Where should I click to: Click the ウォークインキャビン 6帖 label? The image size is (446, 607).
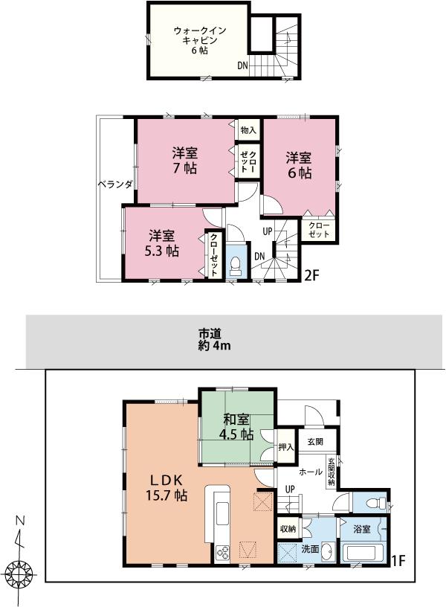coord(195,40)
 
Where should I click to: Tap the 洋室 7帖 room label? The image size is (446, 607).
coord(184,161)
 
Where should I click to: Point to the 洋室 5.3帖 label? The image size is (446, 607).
coord(161,243)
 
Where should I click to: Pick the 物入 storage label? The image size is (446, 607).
coord(248,130)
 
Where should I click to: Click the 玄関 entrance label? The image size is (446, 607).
coord(314,441)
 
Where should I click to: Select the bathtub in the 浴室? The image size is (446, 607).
coord(361,556)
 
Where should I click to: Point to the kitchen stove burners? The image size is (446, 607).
coord(222,552)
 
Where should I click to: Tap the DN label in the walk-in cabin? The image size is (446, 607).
coord(242,66)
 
